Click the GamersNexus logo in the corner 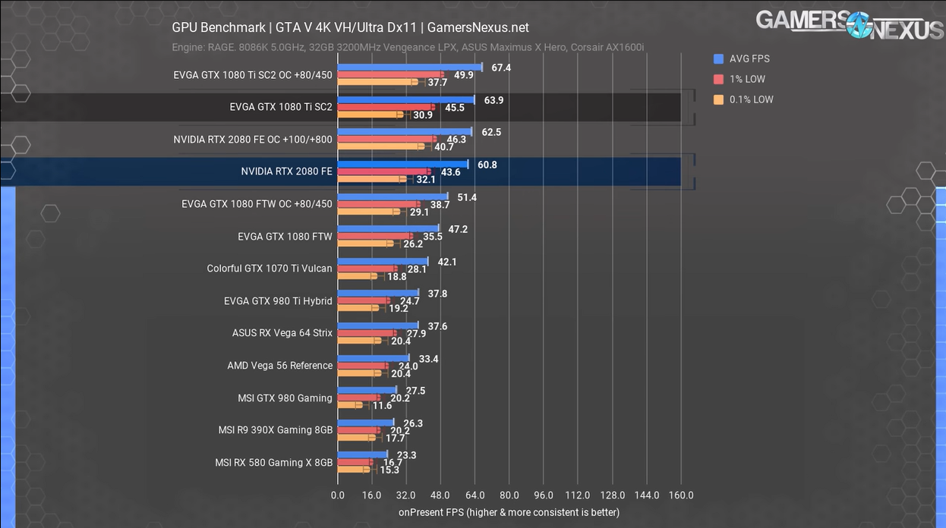pos(850,24)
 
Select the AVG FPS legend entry pos(749,58)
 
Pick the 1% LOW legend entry pos(746,79)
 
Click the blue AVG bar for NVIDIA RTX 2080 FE pos(402,164)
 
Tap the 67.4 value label pos(501,68)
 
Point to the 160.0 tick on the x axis pos(681,495)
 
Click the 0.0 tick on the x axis pos(338,495)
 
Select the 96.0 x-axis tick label pos(544,495)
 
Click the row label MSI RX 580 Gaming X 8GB pos(273,462)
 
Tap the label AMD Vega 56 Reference pos(279,366)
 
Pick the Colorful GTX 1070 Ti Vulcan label pos(270,269)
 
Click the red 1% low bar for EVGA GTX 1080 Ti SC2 pos(386,107)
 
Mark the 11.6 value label pos(383,406)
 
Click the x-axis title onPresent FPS pos(509,512)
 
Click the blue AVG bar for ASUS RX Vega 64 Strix pos(377,325)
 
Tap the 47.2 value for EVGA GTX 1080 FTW pos(458,229)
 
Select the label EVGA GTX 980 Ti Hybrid pos(278,301)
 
